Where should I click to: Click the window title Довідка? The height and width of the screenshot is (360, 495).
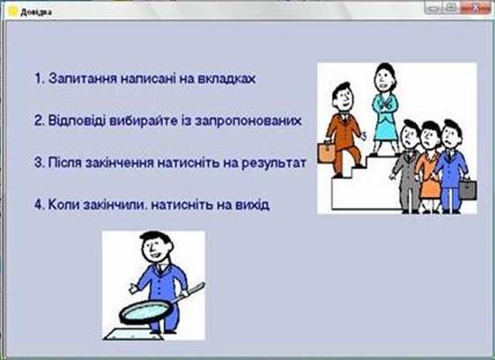pos(36,12)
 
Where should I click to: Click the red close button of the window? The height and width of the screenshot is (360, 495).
pos(475,7)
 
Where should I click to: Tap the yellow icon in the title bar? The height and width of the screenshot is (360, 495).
pos(12,11)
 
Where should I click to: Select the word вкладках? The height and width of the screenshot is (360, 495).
pos(226,78)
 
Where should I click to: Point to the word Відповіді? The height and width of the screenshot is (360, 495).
pos(77,121)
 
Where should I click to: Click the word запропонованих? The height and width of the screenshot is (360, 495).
pos(248,121)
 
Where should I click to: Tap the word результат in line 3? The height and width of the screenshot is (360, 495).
pos(274,163)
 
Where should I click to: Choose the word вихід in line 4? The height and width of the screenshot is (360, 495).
pos(252,204)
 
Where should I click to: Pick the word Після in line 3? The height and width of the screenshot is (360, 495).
pos(65,163)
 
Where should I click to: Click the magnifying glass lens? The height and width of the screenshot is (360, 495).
pos(146,312)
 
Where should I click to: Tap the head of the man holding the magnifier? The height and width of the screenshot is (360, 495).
pos(157,246)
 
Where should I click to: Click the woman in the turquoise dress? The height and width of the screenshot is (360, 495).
pos(385,109)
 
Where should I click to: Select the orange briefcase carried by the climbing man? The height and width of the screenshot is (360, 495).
pos(326,152)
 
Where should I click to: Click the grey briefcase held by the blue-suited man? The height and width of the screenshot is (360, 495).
pos(468,189)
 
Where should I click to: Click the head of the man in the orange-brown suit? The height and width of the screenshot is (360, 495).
pos(343,97)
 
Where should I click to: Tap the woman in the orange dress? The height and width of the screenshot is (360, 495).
pos(428,167)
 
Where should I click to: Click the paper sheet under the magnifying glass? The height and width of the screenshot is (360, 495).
pos(134,334)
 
